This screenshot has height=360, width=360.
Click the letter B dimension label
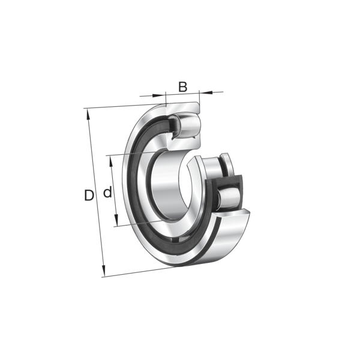183,87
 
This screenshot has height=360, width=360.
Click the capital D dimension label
89,196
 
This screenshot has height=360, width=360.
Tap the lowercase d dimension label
107,192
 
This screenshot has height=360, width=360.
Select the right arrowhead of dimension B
206,92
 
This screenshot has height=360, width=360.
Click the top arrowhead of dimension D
88,115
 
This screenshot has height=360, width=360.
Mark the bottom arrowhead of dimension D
104,271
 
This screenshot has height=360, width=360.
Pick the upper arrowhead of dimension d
112,161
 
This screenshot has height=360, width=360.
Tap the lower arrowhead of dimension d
116,220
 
